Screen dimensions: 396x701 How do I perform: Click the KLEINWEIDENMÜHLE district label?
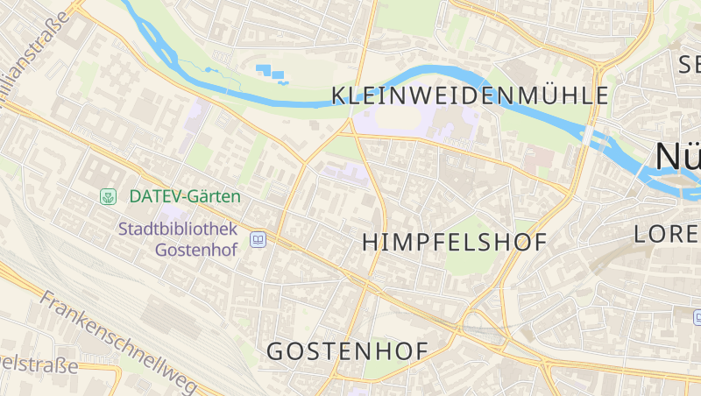(470, 95)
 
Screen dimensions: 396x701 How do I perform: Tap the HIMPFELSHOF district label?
(454, 242)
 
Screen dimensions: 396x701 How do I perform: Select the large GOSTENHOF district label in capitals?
(347, 351)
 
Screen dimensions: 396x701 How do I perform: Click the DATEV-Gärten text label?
(185, 196)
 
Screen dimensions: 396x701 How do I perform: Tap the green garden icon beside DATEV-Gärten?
(109, 196)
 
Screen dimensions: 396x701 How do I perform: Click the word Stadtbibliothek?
(179, 230)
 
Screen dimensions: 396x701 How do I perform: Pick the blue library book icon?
(258, 238)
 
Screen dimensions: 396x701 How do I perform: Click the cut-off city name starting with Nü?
(678, 156)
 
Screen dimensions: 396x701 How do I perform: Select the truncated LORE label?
(667, 234)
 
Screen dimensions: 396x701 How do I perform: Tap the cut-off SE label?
(690, 63)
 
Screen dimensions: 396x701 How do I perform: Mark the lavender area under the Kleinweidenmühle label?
(412, 123)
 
